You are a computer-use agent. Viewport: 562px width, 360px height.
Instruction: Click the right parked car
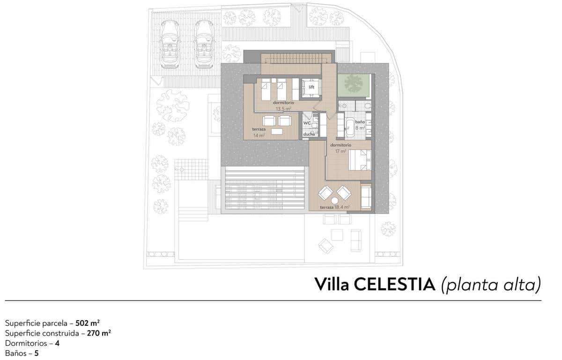pyautogui.click(x=203, y=45)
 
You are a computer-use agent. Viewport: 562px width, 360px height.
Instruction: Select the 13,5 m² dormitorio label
pyautogui.click(x=283, y=105)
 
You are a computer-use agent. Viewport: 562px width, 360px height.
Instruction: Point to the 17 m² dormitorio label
pyautogui.click(x=338, y=148)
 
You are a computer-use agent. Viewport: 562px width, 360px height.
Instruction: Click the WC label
pyautogui.click(x=307, y=123)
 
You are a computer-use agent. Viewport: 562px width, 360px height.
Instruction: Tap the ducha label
pyautogui.click(x=309, y=134)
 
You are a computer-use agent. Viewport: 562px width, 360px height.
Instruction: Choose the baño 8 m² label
pyautogui.click(x=360, y=124)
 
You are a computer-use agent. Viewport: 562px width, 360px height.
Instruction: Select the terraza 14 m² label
pyautogui.click(x=259, y=132)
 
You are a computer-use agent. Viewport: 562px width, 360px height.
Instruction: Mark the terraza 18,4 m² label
pyautogui.click(x=335, y=207)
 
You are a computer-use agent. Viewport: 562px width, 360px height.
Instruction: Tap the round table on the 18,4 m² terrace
pyautogui.click(x=335, y=200)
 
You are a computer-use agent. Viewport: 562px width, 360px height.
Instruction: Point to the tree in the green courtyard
pyautogui.click(x=353, y=84)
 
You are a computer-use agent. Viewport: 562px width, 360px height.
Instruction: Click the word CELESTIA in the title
pyautogui.click(x=394, y=284)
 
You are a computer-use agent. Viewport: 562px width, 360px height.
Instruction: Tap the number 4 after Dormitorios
pyautogui.click(x=57, y=343)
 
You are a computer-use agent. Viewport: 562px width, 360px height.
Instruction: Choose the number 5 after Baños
pyautogui.click(x=37, y=353)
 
